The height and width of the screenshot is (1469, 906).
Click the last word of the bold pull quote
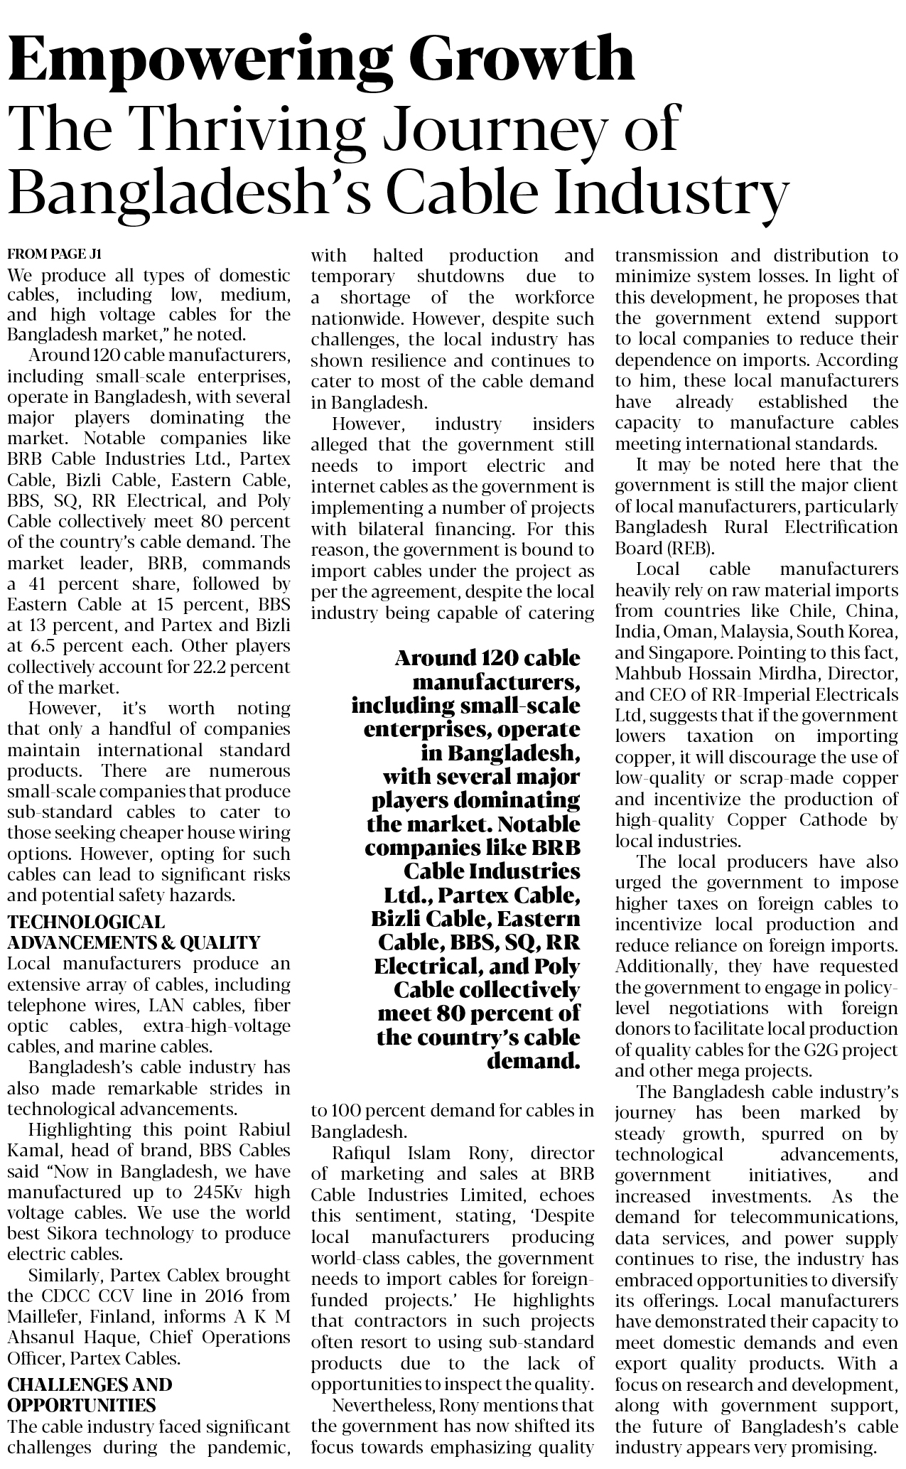533,1062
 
